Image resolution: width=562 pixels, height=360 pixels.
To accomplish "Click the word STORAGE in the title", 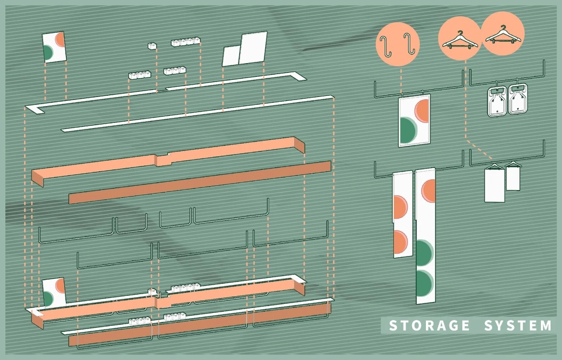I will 423,326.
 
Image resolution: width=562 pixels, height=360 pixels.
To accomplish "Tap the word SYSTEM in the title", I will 518,326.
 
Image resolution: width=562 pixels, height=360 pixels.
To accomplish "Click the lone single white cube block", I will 152,45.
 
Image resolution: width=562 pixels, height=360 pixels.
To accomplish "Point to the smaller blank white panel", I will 231,56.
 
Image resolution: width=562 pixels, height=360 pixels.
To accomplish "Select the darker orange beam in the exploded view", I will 200,182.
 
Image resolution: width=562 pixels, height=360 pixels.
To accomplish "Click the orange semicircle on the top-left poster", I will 61,40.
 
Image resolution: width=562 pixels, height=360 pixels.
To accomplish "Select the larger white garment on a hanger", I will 494,185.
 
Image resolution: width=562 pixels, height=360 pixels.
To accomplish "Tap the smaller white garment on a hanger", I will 513,178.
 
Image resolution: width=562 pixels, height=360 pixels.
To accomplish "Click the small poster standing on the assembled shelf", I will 54,292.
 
